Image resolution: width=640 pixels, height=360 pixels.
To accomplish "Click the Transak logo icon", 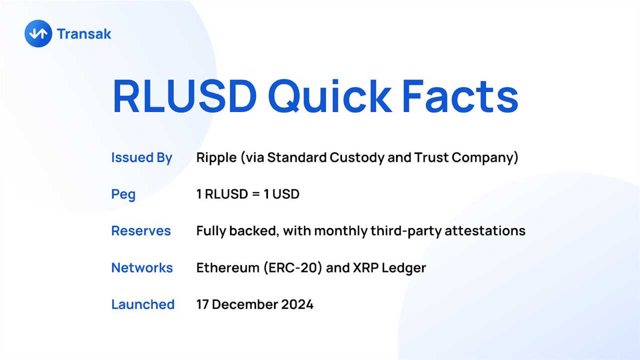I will tap(38, 33).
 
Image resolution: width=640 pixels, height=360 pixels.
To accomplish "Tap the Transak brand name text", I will tap(84, 34).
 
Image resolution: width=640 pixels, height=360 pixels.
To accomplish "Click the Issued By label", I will tap(141, 157).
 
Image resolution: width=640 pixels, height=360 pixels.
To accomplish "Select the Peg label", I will tap(123, 194).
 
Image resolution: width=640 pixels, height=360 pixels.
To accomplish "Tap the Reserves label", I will tap(141, 231).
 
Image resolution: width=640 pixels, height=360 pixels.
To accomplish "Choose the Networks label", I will tap(142, 267).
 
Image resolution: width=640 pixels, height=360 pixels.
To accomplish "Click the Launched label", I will tap(142, 304).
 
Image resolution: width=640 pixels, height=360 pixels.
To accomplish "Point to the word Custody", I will tap(356, 157).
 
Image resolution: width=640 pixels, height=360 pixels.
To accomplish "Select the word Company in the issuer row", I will tap(482, 157).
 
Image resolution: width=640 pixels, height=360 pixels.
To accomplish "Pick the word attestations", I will tap(484, 231).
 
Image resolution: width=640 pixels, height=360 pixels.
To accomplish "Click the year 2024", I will tap(295, 304).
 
